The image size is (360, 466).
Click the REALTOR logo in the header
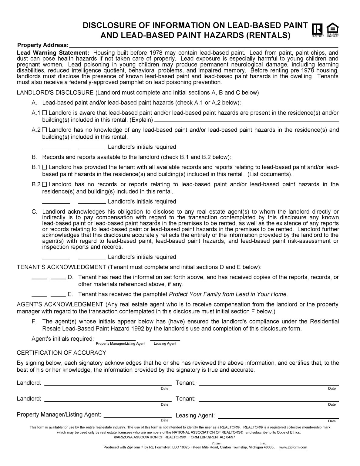coord(318,30)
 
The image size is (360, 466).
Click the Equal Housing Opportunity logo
coord(332,30)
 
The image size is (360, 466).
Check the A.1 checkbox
coord(45,113)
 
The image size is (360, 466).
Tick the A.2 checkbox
coord(45,130)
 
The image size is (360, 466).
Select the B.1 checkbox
coord(45,167)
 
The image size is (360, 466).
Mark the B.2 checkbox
coord(45,184)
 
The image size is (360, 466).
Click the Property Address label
coord(42,45)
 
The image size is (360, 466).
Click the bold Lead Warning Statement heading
coord(53,52)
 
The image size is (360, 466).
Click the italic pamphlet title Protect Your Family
coord(227,294)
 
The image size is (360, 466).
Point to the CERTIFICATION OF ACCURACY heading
coord(61,353)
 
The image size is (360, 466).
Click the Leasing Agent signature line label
coord(195,416)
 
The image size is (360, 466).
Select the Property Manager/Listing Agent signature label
coord(59,414)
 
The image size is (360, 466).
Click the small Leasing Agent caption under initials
coord(165,344)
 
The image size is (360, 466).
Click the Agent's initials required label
coord(63,339)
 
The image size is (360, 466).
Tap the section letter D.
coord(70,277)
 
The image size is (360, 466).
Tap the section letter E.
coord(70,294)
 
